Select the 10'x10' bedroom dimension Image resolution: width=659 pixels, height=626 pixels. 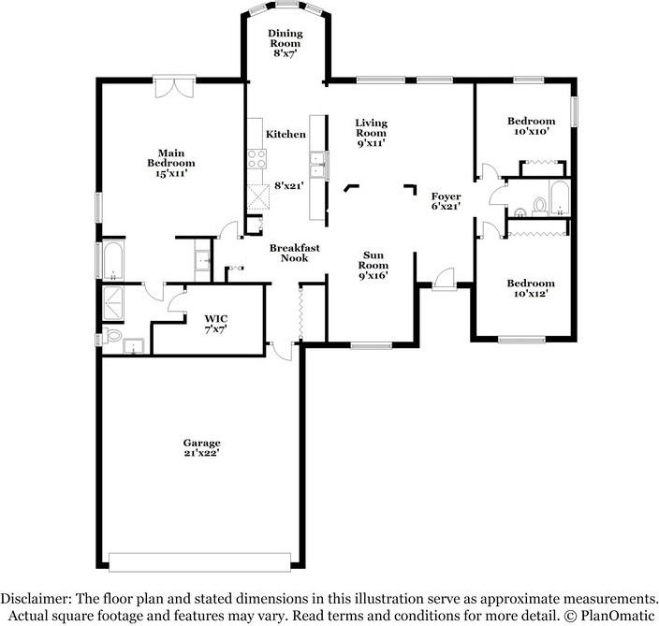[x=531, y=132]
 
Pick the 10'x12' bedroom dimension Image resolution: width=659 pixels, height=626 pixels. [x=531, y=294]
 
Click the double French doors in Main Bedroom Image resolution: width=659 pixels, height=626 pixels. [x=174, y=87]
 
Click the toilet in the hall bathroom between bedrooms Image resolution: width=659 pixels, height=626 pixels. [x=538, y=202]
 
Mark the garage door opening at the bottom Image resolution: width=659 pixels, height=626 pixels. [x=200, y=560]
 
